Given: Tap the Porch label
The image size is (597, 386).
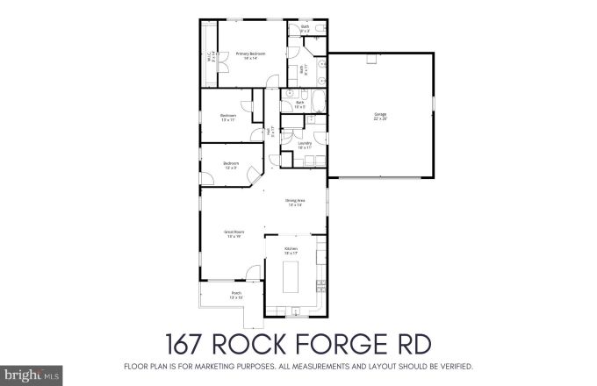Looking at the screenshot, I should [x=235, y=295].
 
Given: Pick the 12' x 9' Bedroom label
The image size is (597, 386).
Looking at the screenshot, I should [x=230, y=165].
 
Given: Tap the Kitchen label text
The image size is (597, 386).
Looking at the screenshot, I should [x=291, y=250].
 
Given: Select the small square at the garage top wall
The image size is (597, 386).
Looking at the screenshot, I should [x=371, y=58].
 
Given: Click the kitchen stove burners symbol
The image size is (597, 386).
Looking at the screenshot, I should [x=320, y=285].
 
